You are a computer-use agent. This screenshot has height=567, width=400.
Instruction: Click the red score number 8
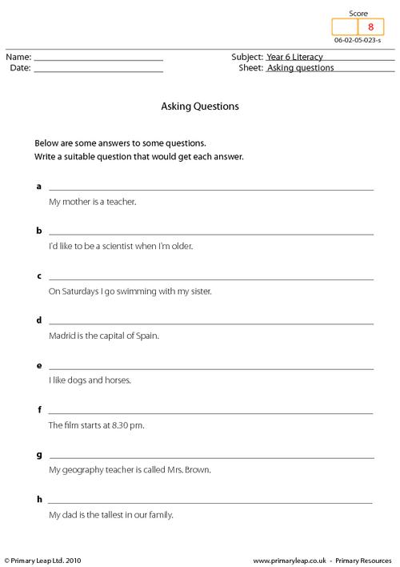coord(370,27)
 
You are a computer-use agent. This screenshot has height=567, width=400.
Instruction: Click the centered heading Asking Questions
coord(200,105)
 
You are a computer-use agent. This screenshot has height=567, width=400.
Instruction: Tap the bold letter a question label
coord(38,186)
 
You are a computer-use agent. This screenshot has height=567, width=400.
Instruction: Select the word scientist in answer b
coord(116,247)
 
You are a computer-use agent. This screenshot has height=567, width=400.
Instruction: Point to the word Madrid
coord(63,336)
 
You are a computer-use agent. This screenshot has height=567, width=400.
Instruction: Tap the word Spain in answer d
coord(148,336)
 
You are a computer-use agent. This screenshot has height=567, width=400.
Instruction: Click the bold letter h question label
coord(38,499)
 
